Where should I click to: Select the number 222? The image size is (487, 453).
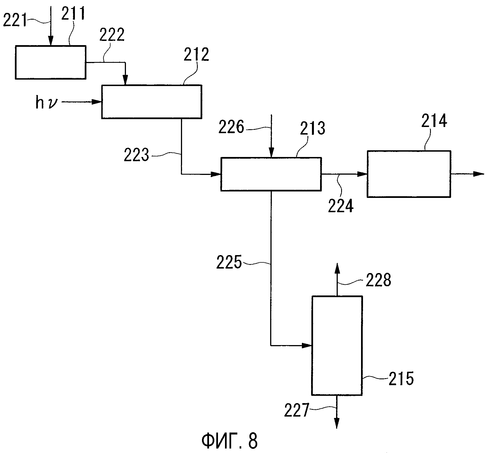coord(112,35)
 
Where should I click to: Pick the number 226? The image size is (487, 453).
coord(231,128)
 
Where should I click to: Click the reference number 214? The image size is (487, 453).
coord(434,121)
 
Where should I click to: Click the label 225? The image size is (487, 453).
coord(229,262)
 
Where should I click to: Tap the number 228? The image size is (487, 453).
coord(378,280)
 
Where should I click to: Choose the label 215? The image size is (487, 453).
coord(401,379)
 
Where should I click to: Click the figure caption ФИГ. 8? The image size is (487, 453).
coord(229,441)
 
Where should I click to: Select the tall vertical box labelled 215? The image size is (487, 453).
coord(337,346)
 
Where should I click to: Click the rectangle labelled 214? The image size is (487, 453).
coord(409,174)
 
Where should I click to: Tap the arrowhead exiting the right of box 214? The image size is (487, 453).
coord(479,174)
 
